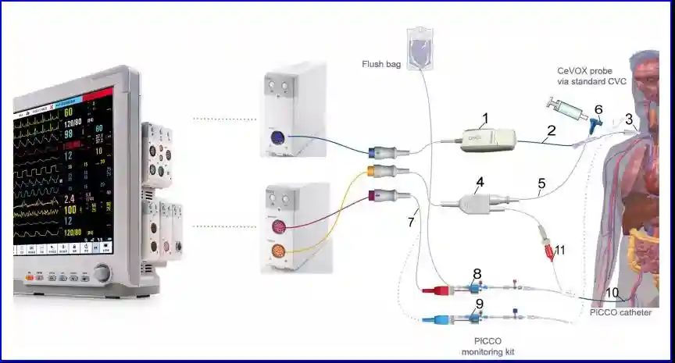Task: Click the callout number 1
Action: [484, 118]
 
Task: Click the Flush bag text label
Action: [381, 63]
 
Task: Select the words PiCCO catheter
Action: [622, 312]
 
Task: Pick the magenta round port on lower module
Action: [279, 227]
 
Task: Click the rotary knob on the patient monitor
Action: [102, 273]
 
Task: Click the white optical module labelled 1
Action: [488, 140]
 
